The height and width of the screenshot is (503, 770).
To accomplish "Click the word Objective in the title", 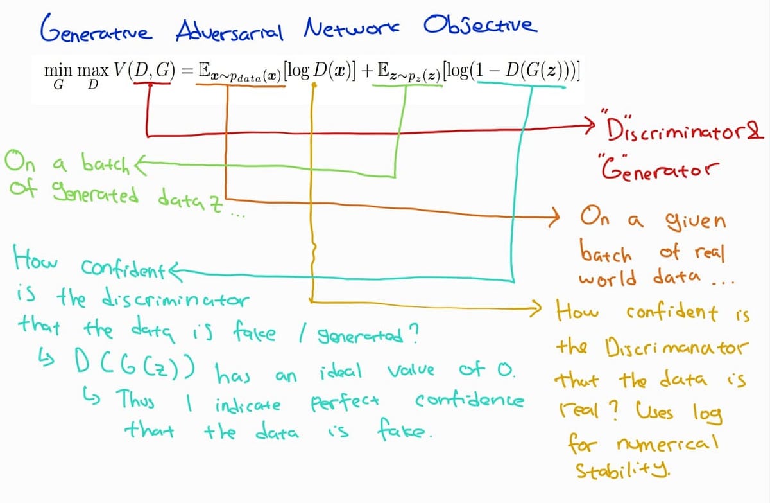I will pyautogui.click(x=478, y=27).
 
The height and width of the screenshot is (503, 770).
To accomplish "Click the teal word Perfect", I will pyautogui.click(x=346, y=403).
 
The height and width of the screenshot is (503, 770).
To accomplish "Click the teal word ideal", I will pyautogui.click(x=340, y=371).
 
